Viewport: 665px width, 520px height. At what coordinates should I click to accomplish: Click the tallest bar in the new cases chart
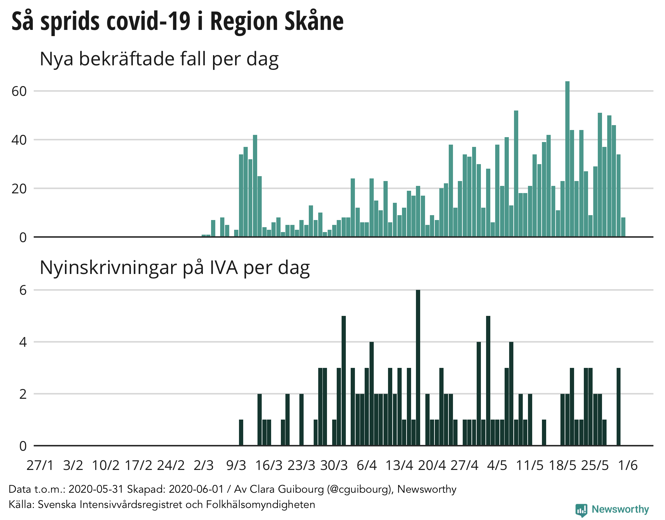click(567, 159)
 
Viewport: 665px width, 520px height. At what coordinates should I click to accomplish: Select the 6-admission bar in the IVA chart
click(418, 367)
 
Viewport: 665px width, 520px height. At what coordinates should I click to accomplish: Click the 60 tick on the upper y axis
click(19, 91)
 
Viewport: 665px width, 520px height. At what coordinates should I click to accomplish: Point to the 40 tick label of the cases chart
click(19, 140)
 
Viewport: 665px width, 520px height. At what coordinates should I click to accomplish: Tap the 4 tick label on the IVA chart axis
click(23, 342)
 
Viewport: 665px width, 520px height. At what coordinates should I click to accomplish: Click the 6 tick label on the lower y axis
click(23, 290)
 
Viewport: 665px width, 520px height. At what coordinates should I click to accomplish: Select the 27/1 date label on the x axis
click(40, 465)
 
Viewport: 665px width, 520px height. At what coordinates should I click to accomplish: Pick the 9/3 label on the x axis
click(236, 465)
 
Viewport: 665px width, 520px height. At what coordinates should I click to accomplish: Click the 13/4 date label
click(399, 465)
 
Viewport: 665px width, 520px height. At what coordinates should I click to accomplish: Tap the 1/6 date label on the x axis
click(628, 465)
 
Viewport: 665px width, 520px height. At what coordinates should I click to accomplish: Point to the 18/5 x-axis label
click(562, 465)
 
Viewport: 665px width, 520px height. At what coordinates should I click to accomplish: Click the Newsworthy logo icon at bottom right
click(581, 510)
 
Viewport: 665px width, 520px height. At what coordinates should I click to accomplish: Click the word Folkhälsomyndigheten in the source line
click(260, 504)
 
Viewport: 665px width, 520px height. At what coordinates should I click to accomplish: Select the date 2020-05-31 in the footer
click(96, 489)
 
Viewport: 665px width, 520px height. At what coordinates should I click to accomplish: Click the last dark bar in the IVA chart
click(619, 407)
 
